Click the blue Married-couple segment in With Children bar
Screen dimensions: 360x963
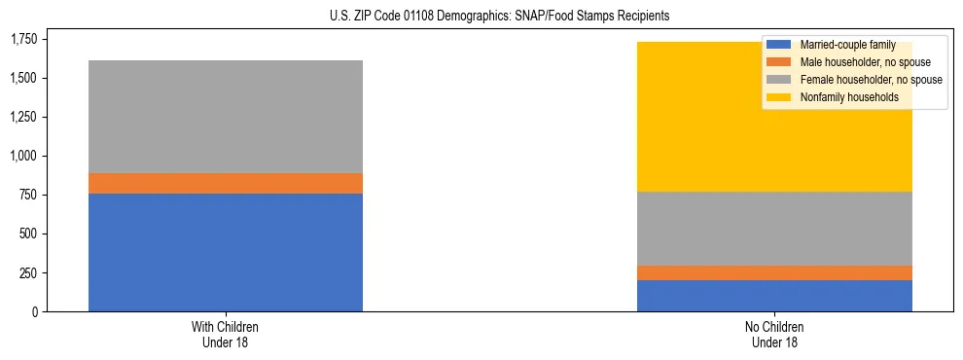pyautogui.click(x=225, y=252)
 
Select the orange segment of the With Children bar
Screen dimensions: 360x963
pyautogui.click(x=225, y=183)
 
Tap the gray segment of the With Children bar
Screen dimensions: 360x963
pyautogui.click(x=225, y=117)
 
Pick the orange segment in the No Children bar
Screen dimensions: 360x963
pyautogui.click(x=774, y=272)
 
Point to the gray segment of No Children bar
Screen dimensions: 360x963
pyautogui.click(x=774, y=229)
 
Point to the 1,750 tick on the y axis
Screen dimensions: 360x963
pyautogui.click(x=23, y=39)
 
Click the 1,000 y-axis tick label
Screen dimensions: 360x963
pyautogui.click(x=23, y=156)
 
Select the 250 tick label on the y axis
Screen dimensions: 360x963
pyautogui.click(x=28, y=272)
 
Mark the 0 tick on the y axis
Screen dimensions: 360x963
pyautogui.click(x=34, y=311)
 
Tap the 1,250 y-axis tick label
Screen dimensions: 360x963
pyautogui.click(x=23, y=117)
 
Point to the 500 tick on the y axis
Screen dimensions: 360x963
pyautogui.click(x=28, y=234)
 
